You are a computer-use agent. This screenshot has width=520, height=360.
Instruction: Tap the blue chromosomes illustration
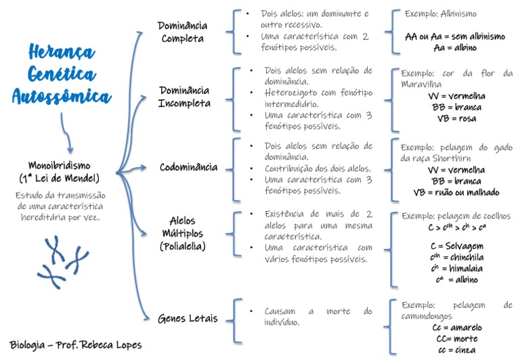[63, 260]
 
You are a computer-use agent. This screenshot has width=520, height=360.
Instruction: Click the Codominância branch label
[188, 167]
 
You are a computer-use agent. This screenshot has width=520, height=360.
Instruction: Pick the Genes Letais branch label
[188, 317]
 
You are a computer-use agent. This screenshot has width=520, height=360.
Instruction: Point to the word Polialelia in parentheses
[183, 247]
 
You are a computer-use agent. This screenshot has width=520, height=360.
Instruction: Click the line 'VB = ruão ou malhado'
[456, 192]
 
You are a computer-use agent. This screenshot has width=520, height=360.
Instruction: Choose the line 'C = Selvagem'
[454, 245]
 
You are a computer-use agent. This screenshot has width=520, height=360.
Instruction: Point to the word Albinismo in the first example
[460, 14]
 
